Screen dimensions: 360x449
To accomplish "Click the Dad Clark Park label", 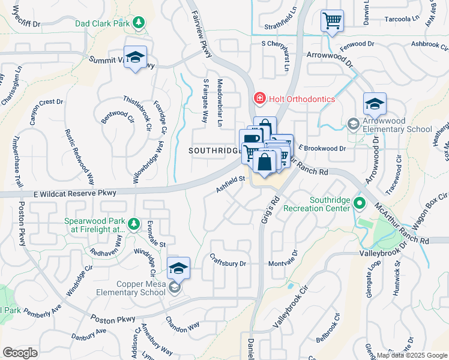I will click(x=103, y=24).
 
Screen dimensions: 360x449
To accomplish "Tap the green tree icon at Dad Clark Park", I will click(x=139, y=23).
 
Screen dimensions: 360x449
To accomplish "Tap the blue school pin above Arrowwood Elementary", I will click(x=375, y=104).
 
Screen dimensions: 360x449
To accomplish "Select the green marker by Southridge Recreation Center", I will click(x=360, y=203).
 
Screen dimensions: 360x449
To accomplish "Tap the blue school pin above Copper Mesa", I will click(x=179, y=268).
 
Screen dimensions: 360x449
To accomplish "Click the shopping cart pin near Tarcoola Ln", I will click(x=332, y=21).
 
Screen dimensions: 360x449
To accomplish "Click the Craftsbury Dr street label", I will click(x=229, y=263).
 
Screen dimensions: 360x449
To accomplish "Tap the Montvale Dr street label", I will click(x=283, y=263).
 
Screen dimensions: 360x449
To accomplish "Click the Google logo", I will click(x=20, y=353).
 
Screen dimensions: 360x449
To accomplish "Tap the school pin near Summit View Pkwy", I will click(x=135, y=57).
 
